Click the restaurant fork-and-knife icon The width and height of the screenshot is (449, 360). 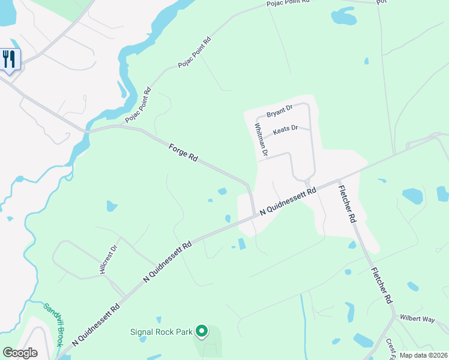pos(10,59)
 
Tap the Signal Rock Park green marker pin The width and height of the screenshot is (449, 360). pos(202,331)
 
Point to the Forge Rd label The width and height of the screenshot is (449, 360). pos(183,152)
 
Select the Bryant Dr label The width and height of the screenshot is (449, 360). pos(279,110)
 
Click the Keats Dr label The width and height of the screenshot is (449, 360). pos(285,130)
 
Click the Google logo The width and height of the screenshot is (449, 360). pos(20,353)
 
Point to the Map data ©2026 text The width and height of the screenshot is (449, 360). pos(423,355)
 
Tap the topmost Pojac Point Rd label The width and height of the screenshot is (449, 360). pos(288,3)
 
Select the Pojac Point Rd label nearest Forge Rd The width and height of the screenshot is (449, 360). pos(139,106)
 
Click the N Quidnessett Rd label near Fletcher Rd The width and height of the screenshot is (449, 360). pos(288,202)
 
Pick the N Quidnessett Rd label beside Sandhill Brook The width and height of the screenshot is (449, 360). pos(96,323)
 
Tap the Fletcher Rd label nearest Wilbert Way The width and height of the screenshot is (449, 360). pos(382,285)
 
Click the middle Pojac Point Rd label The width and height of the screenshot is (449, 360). pos(195,52)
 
